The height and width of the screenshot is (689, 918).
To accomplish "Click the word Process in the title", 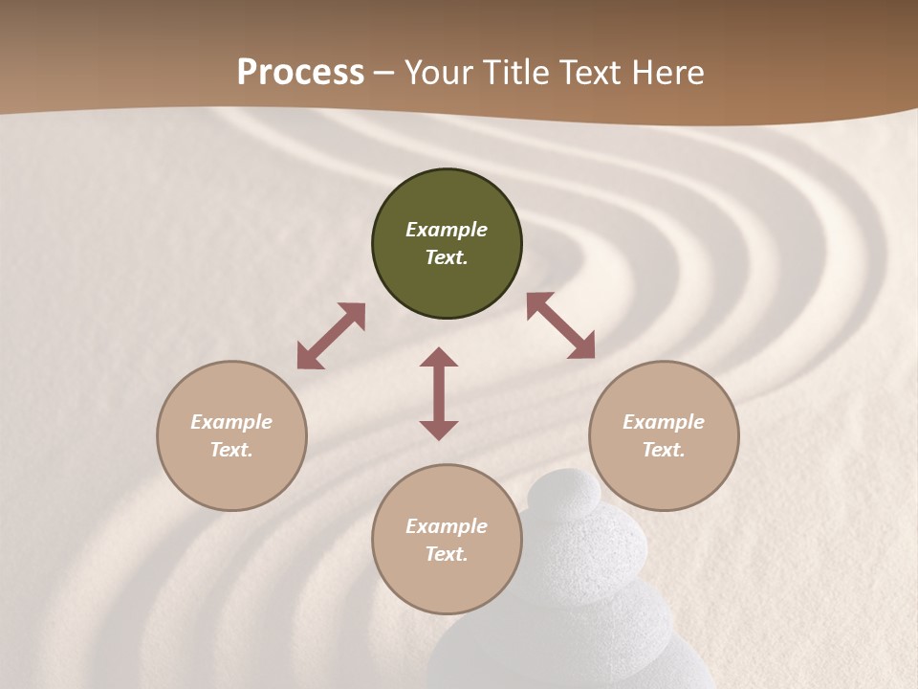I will click(x=300, y=73).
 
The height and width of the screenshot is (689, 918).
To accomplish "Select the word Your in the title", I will click(x=438, y=73).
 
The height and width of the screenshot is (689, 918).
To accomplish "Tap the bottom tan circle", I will click(x=447, y=584).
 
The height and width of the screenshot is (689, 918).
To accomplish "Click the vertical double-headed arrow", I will click(x=439, y=393).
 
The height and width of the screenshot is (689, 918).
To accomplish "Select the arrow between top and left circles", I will click(x=331, y=336).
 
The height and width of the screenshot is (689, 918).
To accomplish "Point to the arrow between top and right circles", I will click(x=560, y=325).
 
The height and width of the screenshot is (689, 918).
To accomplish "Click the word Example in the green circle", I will click(x=447, y=230).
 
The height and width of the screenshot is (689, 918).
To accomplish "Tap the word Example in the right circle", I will click(x=664, y=422).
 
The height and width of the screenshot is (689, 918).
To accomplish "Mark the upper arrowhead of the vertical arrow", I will click(x=439, y=358).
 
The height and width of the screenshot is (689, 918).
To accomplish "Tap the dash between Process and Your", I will click(x=384, y=74).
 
